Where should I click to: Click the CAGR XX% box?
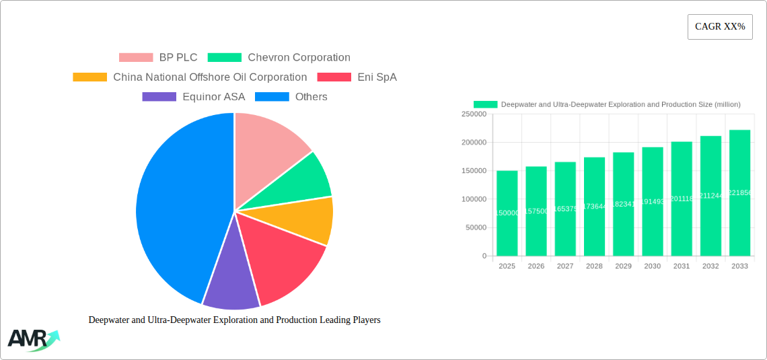(x=720, y=27)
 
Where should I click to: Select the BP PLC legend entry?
(x=158, y=58)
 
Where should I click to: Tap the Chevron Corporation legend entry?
(x=279, y=58)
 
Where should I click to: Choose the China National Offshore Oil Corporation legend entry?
(x=190, y=77)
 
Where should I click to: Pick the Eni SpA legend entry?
(x=357, y=77)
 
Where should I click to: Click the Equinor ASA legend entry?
(x=194, y=97)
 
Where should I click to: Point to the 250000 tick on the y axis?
(x=474, y=114)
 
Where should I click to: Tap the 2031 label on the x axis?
(x=682, y=266)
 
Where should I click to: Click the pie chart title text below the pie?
(x=234, y=320)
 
